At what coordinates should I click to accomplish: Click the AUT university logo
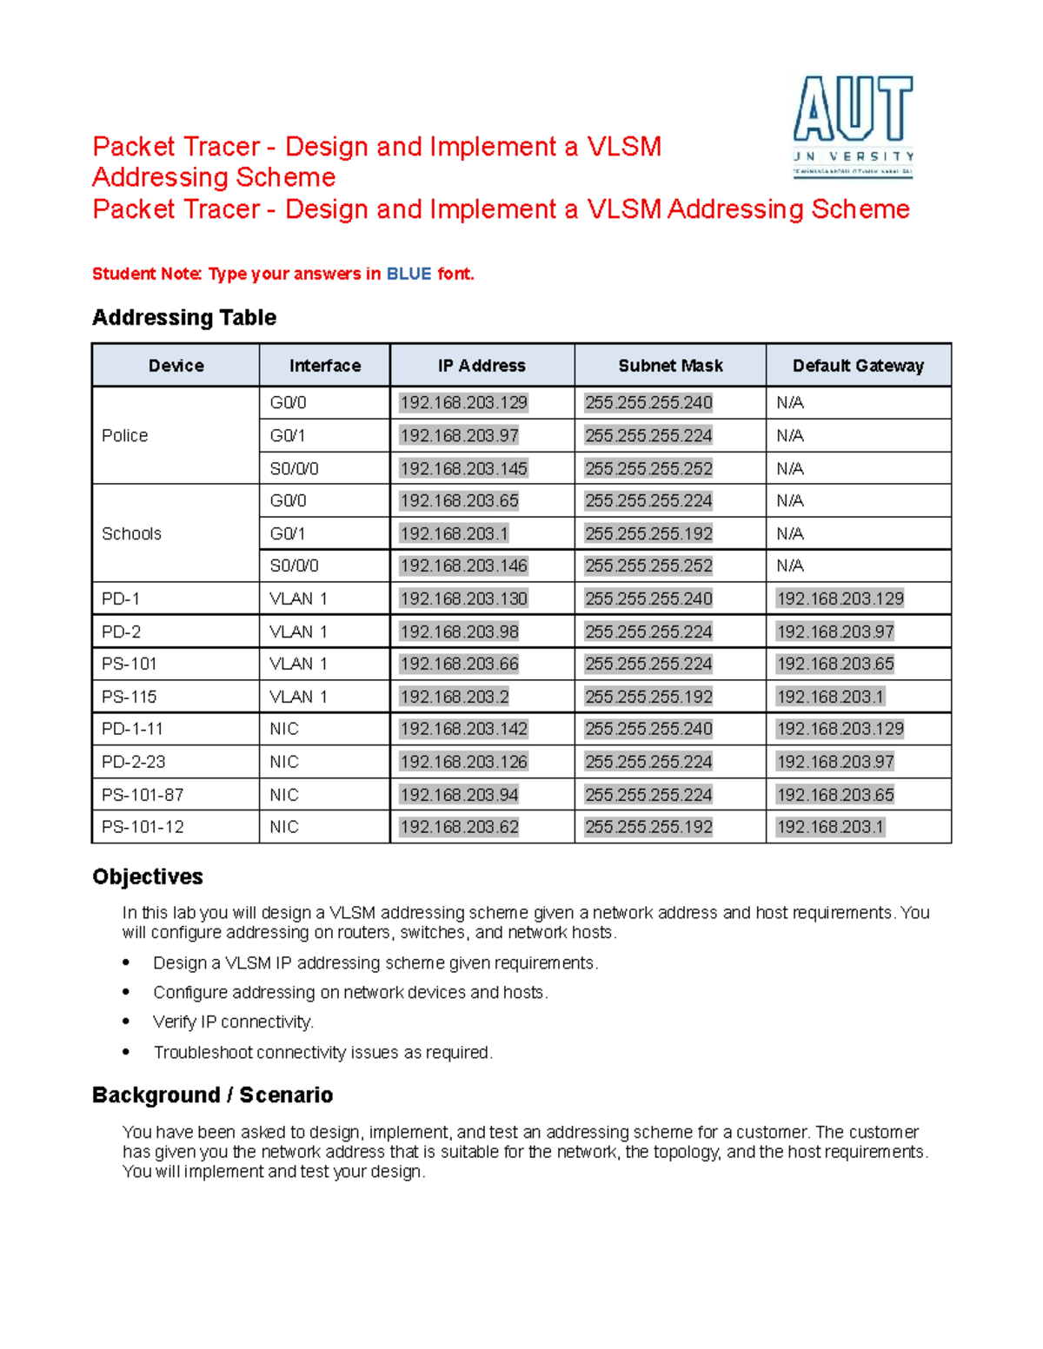853,125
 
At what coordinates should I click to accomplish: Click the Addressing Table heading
184,318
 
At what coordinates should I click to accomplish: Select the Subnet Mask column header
670,366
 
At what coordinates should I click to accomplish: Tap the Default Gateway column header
858,366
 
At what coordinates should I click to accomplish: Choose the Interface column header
324,366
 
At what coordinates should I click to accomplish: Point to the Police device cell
125,435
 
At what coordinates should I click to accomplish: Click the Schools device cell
131,533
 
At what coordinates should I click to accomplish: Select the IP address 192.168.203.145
463,468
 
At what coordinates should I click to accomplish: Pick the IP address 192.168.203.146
463,565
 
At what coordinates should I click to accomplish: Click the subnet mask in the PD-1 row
648,598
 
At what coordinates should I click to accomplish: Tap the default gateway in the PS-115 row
830,697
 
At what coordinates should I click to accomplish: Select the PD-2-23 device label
133,762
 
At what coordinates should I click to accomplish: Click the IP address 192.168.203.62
459,827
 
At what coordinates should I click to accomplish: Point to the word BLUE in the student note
409,274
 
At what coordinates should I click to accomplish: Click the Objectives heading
148,876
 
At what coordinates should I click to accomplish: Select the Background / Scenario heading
212,1094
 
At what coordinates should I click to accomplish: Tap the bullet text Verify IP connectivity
233,1022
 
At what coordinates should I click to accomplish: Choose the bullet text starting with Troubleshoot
322,1052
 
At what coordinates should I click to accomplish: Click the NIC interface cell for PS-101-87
284,795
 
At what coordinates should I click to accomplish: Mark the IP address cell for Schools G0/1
454,533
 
